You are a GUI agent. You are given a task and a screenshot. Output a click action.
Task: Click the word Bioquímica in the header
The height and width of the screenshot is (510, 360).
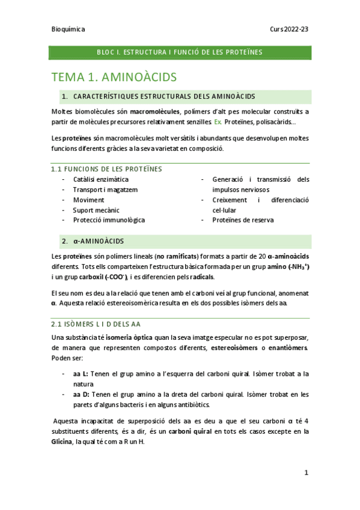(x=68, y=29)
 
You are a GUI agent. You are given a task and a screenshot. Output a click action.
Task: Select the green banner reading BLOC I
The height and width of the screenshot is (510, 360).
(x=180, y=52)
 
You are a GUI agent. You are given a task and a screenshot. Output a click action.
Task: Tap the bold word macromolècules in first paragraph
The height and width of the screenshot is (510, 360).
(x=154, y=112)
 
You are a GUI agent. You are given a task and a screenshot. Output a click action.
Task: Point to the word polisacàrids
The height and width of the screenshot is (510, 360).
(x=272, y=122)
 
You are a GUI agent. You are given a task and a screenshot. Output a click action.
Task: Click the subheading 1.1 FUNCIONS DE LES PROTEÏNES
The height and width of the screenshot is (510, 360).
(x=106, y=169)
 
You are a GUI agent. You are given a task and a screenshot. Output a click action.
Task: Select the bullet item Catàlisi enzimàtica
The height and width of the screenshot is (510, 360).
(x=100, y=179)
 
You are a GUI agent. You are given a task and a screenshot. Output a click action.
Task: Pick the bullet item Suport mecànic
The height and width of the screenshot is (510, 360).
(x=96, y=210)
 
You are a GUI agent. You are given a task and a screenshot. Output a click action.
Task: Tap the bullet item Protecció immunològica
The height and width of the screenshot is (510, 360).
(x=109, y=220)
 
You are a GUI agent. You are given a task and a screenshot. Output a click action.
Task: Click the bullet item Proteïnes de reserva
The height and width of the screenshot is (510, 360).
(x=243, y=220)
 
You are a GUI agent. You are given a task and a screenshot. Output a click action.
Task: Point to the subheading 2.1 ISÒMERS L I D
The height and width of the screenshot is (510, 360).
(x=103, y=324)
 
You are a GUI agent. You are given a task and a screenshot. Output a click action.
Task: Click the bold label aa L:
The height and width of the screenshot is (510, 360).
(x=81, y=373)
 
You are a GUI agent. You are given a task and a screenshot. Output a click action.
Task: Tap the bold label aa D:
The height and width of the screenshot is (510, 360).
(x=81, y=395)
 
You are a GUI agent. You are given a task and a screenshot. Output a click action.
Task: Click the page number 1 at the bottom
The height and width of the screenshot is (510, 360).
(x=306, y=473)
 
